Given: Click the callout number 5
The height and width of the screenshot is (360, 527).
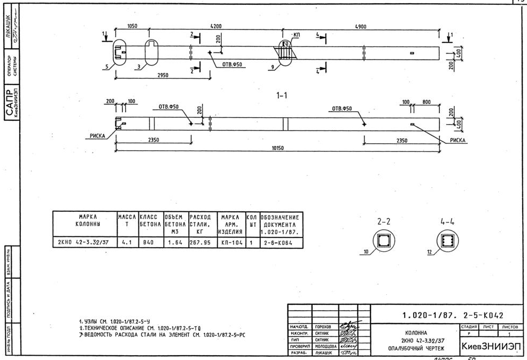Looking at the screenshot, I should pos(107,67).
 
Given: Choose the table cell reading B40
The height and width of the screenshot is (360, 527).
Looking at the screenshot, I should pos(148,242).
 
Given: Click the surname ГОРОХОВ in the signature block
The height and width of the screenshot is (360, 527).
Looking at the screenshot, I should pos(323,326).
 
